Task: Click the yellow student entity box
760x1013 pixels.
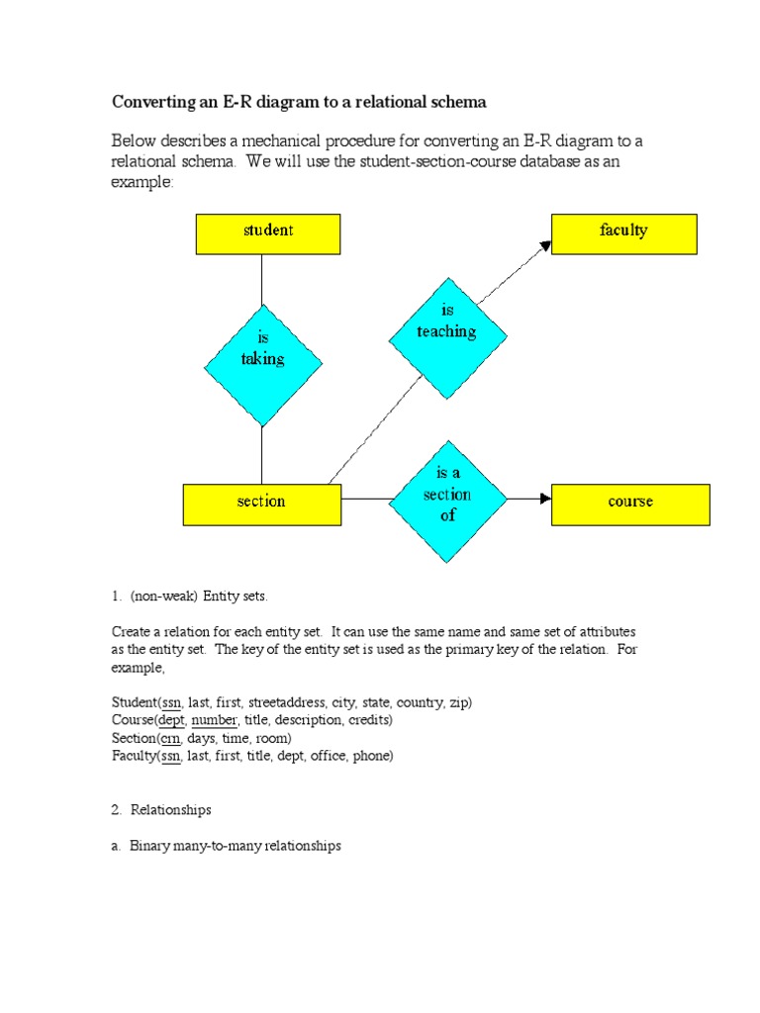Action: (x=267, y=234)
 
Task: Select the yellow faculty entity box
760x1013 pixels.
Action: (x=623, y=234)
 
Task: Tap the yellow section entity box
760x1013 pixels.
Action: (x=261, y=504)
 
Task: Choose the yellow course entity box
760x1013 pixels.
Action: (x=630, y=504)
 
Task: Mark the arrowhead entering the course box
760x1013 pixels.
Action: (x=544, y=499)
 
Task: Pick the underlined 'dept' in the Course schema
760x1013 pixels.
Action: (x=170, y=720)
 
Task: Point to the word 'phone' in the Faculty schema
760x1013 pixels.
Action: (x=373, y=756)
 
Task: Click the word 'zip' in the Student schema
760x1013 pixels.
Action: (x=459, y=702)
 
